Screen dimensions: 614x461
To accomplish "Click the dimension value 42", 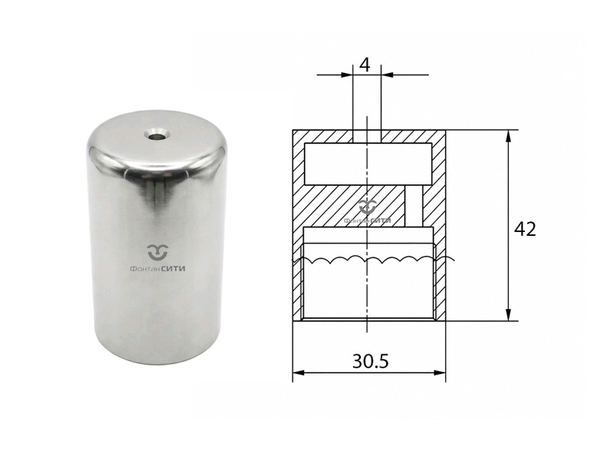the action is click(x=525, y=229).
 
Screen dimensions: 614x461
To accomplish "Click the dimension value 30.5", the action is click(x=371, y=361).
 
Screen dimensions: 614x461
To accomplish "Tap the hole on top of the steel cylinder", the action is click(x=158, y=136).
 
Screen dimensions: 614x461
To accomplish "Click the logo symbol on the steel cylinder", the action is click(x=158, y=253).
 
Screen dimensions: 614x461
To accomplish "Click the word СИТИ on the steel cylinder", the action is click(x=173, y=269).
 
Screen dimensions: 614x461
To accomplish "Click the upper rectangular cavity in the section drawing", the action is click(x=368, y=164).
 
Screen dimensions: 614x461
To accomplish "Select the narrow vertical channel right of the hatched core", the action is click(x=414, y=206).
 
